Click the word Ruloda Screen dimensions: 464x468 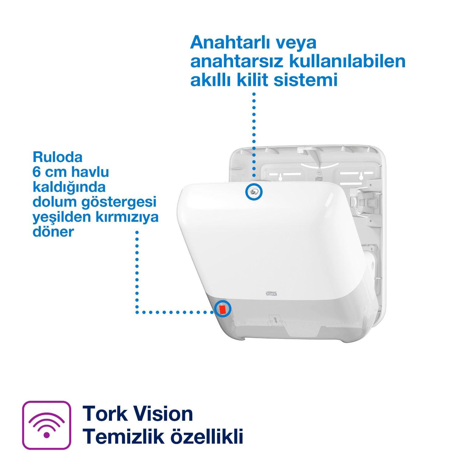pyautogui.click(x=58, y=157)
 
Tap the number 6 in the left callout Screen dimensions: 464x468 pyautogui.click(x=37, y=172)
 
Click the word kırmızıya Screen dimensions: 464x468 pyautogui.click(x=127, y=217)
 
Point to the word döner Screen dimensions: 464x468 pyautogui.click(x=53, y=232)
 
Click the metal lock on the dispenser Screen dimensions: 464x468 pyautogui.click(x=254, y=192)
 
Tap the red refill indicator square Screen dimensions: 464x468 pyautogui.click(x=222, y=309)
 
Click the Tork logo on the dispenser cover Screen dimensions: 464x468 pyautogui.click(x=271, y=294)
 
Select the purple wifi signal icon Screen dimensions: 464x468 pyautogui.click(x=47, y=425)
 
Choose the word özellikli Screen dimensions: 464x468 pyautogui.click(x=207, y=437)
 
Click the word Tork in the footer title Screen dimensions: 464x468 pyautogui.click(x=105, y=414)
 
